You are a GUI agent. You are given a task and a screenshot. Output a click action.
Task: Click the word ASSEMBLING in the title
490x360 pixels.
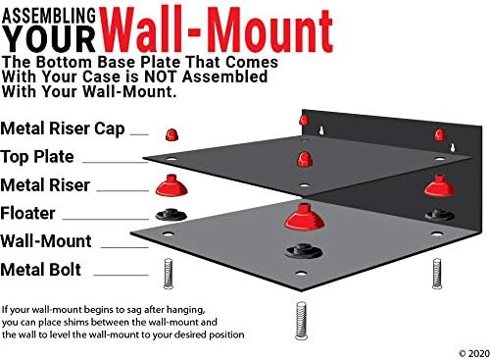point(49,16)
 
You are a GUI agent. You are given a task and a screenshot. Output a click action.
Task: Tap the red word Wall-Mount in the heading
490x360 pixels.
point(217,30)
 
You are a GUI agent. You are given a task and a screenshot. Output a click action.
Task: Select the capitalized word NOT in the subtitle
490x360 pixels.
point(162,77)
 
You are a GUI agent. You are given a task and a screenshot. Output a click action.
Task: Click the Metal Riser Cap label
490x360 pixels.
point(63,129)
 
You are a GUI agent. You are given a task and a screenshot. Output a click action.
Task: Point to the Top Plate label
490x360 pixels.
point(37,157)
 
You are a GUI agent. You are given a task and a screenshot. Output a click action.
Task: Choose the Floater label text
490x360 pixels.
point(27,213)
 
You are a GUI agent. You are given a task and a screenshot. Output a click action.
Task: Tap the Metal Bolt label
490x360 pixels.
point(41,270)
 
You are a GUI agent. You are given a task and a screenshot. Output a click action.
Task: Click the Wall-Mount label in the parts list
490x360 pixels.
point(46,241)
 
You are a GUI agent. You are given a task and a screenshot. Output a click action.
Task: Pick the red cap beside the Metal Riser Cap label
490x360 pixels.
point(171,134)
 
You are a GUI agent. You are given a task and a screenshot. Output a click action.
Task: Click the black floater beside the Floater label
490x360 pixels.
point(171,215)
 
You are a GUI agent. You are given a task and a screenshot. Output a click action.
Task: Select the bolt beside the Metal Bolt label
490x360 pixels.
point(168,274)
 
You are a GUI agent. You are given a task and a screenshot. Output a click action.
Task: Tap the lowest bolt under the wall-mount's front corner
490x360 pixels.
point(301,321)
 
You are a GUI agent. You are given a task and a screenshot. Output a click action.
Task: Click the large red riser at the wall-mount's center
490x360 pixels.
point(305,217)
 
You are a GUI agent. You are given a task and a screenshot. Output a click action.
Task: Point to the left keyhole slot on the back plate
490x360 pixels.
point(321,130)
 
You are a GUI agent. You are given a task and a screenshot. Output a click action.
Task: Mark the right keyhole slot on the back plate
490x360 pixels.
point(453,148)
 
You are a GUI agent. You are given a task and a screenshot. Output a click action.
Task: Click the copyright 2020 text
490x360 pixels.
point(474,353)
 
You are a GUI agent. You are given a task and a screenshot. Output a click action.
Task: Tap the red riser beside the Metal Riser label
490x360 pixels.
point(171,185)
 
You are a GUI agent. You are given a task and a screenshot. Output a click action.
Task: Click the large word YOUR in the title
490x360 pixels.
point(49,39)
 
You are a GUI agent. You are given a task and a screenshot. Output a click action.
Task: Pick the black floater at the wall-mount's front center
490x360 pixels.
point(303,251)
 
